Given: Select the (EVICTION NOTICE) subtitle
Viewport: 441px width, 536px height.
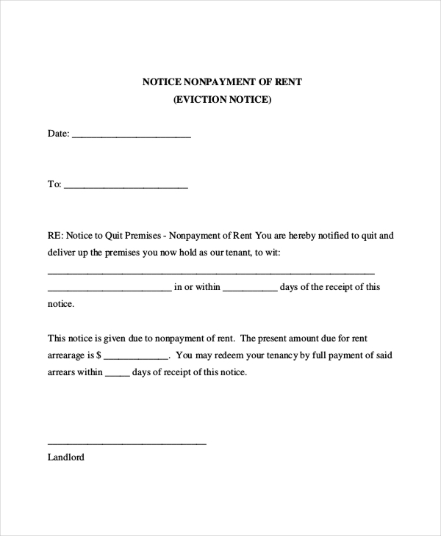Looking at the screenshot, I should click(222, 101).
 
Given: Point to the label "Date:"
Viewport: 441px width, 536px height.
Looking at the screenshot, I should click(58, 134).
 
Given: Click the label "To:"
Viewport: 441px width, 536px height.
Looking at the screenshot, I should click(54, 185).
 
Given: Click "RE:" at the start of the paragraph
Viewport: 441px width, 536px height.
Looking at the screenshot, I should click(55, 236).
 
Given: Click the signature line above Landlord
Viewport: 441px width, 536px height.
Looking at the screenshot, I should click(126, 443).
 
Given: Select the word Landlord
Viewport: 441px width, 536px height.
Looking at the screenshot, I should click(66, 457).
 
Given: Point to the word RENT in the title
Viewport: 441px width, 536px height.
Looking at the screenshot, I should click(287, 83).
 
